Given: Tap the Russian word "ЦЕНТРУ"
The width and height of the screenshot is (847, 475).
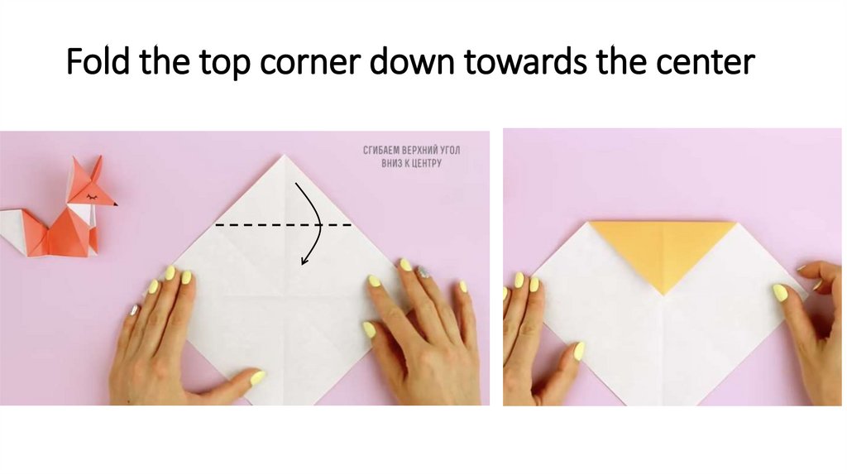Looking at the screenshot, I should pyautogui.click(x=422, y=163).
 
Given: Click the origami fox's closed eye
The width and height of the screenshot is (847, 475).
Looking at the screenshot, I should pyautogui.click(x=103, y=198).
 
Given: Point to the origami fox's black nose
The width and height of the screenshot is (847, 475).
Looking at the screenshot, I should pyautogui.click(x=115, y=204).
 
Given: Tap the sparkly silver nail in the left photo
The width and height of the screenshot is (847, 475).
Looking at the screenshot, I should pyautogui.click(x=423, y=271).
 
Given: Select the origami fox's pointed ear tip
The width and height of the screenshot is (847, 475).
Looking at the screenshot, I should pyautogui.click(x=98, y=158).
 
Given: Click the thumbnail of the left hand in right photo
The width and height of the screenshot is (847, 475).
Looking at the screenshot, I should pyautogui.click(x=579, y=351).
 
